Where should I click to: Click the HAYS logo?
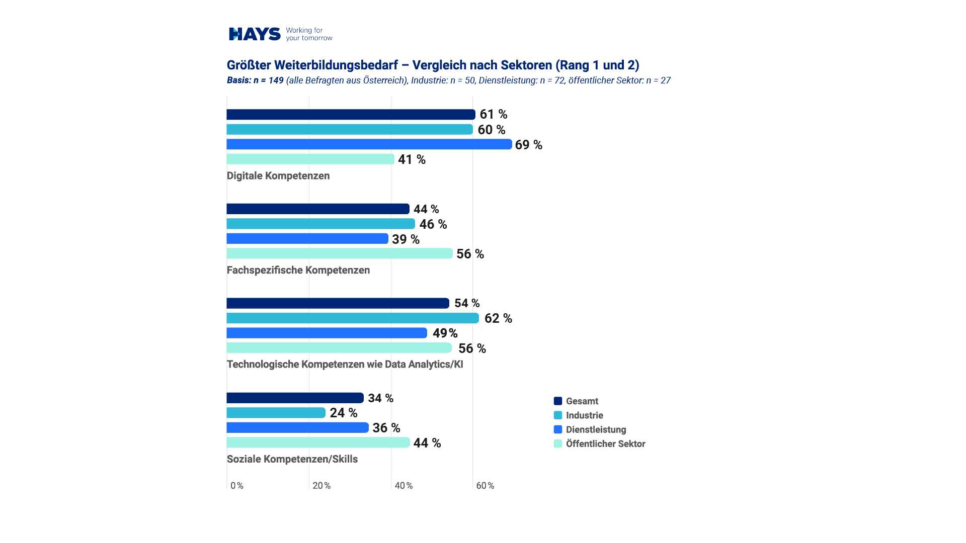[x=255, y=34]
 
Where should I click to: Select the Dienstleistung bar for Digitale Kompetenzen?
[x=369, y=144]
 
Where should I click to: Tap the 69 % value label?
[x=528, y=145]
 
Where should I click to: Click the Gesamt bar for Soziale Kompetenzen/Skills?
[x=295, y=398]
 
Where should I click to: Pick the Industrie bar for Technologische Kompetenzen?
[x=352, y=318]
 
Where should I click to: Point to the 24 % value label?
[x=343, y=413]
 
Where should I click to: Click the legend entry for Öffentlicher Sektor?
[x=605, y=444]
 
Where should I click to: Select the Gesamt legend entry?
[x=582, y=401]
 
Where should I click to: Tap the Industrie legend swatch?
[x=558, y=415]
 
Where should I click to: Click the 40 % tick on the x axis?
[x=404, y=486]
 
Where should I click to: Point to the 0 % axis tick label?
[x=236, y=486]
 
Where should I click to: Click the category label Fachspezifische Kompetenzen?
[x=298, y=270]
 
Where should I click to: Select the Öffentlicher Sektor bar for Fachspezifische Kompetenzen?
[x=340, y=253]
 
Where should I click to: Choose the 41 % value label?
[x=412, y=159]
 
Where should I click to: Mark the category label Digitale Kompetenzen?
[x=278, y=175]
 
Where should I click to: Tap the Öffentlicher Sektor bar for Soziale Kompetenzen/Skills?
[x=318, y=442]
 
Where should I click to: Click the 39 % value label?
[x=406, y=239]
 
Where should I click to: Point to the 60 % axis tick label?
[x=485, y=486]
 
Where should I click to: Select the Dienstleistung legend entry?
[x=596, y=429]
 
